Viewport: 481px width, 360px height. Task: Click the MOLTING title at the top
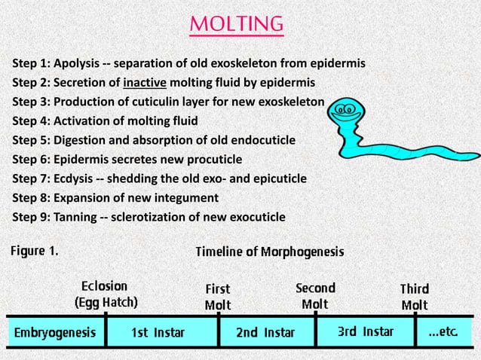(x=236, y=24)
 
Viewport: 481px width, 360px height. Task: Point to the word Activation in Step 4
(x=81, y=121)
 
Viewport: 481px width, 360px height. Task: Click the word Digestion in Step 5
(x=80, y=140)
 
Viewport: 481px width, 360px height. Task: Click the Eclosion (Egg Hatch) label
(x=106, y=294)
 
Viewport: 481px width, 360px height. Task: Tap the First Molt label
(x=218, y=297)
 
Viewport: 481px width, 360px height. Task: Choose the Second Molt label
(x=315, y=295)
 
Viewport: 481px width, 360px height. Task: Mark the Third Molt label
(x=414, y=297)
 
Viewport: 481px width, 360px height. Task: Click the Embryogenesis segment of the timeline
(x=54, y=332)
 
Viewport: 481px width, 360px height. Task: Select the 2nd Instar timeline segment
(x=265, y=332)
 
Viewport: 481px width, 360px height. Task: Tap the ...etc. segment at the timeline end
(x=446, y=332)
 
